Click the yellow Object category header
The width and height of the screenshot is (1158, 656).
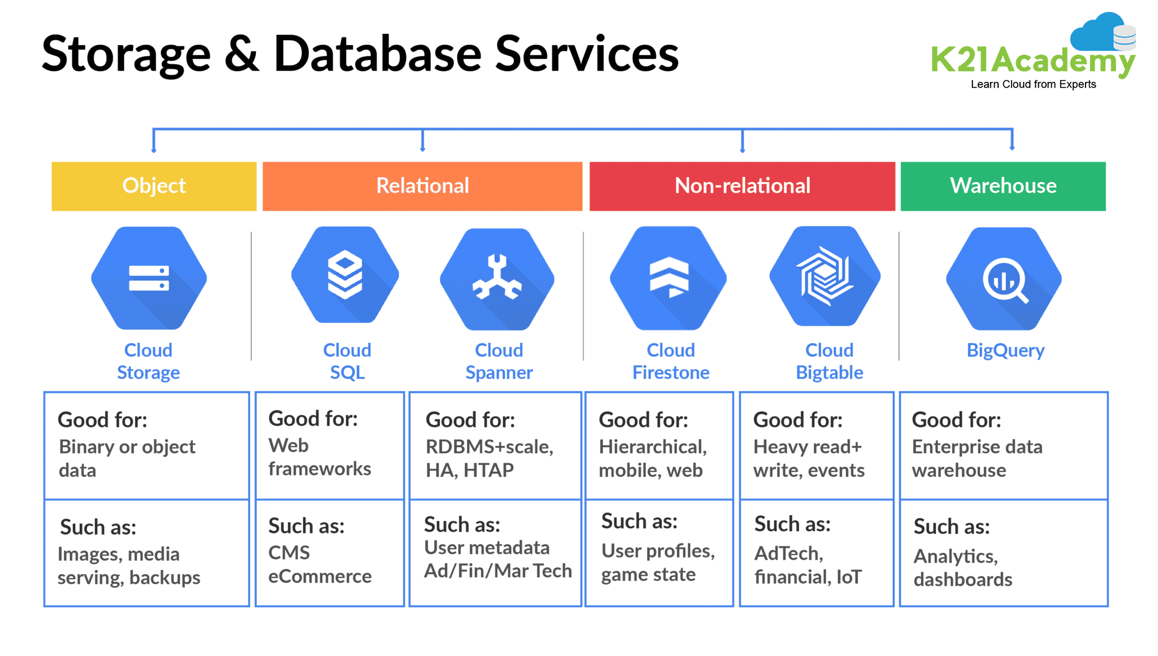pos(154,186)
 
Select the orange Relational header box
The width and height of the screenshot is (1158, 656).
pos(422,186)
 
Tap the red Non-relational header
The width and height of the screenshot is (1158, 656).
pos(742,186)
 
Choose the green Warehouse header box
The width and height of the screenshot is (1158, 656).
pos(1003,186)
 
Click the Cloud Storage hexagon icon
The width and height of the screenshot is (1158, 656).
pos(149,278)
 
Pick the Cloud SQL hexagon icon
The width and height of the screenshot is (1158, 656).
pos(345,275)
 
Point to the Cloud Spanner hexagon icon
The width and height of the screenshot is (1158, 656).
pos(497,279)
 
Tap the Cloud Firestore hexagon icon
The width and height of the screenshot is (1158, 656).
pos(669,277)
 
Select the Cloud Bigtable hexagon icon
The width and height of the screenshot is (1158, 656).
pos(825,276)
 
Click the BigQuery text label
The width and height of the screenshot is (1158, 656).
pos(1005,350)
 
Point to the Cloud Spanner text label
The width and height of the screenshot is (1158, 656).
pos(499,361)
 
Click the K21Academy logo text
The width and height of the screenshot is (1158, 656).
pos(1031,60)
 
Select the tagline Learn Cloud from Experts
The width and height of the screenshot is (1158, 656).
pos(1033,84)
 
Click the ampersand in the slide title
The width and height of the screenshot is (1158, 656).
pos(242,54)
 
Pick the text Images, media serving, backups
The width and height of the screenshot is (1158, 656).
pos(128,566)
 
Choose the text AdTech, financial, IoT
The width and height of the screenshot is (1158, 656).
pos(807,565)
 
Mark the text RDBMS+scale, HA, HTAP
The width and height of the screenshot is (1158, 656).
pos(489,458)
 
